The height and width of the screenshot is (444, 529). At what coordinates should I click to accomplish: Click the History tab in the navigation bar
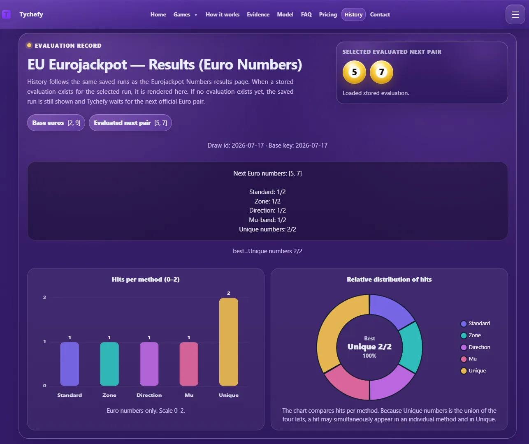[x=353, y=14]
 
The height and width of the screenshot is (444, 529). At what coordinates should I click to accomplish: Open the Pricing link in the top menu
[x=328, y=14]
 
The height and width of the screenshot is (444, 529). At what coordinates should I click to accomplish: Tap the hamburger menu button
[x=515, y=14]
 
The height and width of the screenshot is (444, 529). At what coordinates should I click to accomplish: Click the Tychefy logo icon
[x=6, y=14]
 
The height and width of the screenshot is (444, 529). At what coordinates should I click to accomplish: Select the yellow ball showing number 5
[x=354, y=72]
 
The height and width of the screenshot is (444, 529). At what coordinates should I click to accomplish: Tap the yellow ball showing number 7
[x=381, y=72]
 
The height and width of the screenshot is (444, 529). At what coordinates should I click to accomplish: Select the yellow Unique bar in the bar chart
[x=229, y=342]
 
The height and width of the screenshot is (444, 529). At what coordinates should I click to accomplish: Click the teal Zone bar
[x=109, y=364]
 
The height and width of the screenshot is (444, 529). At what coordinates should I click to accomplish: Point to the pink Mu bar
[x=189, y=364]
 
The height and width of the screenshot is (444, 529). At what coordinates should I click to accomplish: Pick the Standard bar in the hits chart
[x=70, y=364]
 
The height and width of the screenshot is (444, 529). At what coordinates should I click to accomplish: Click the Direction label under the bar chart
[x=149, y=395]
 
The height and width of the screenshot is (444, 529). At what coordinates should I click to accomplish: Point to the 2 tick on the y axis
[x=44, y=297]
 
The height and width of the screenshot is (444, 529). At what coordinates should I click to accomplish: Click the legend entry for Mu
[x=469, y=359]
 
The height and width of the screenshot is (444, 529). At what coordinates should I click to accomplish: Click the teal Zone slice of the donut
[x=412, y=347]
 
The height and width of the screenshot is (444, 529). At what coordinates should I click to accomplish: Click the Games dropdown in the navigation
[x=185, y=14]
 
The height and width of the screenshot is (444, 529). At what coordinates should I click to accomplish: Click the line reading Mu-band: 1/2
[x=267, y=220]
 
